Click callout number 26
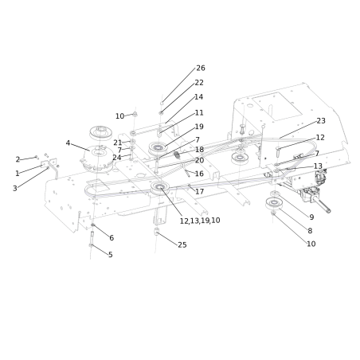pyautogui.click(x=200, y=68)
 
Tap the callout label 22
pyautogui.click(x=199, y=83)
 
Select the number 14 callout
pyautogui.click(x=198, y=97)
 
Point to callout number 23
pyautogui.click(x=321, y=121)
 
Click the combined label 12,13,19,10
pyautogui.click(x=200, y=221)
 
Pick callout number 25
pyautogui.click(x=182, y=245)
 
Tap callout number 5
pyautogui.click(x=110, y=255)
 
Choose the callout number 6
pyautogui.click(x=112, y=238)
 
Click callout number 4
pyautogui.click(x=68, y=143)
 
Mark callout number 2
pyautogui.click(x=18, y=159)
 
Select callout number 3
pyautogui.click(x=14, y=188)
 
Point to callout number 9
pyautogui.click(x=311, y=217)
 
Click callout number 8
pyautogui.click(x=310, y=231)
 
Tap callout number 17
pyautogui.click(x=199, y=192)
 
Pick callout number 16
pyautogui.click(x=199, y=174)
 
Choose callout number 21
pyautogui.click(x=117, y=143)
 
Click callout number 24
pyautogui.click(x=117, y=158)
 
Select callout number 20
pyautogui.click(x=199, y=161)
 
